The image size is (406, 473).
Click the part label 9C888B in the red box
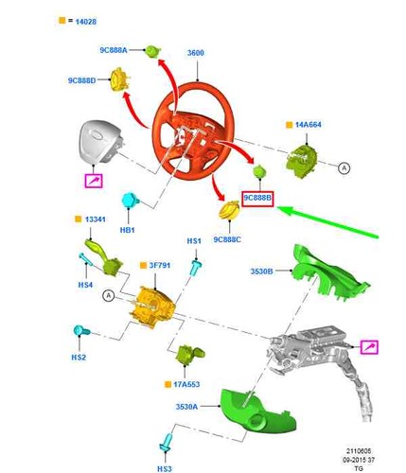pyautogui.click(x=257, y=198)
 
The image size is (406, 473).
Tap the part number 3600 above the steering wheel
pyautogui.click(x=196, y=53)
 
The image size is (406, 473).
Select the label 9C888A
pyautogui.click(x=114, y=50)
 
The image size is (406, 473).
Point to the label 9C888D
pyautogui.click(x=81, y=80)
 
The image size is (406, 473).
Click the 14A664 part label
pyautogui.click(x=308, y=125)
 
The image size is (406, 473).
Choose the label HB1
pyautogui.click(x=128, y=230)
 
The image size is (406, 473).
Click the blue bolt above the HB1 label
pyautogui.click(x=131, y=200)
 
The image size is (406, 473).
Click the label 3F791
pyautogui.click(x=160, y=266)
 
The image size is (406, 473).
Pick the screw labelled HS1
pyautogui.click(x=196, y=268)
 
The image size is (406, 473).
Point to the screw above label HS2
pyautogui.click(x=81, y=331)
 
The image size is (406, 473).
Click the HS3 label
pyautogui.click(x=165, y=469)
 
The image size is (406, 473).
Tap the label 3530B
pyautogui.click(x=261, y=272)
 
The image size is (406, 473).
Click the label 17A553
pyautogui.click(x=186, y=384)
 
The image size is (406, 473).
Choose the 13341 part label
pyautogui.click(x=95, y=219)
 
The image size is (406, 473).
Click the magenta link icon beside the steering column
pyautogui.click(x=369, y=347)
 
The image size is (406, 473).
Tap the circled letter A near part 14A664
pyautogui.click(x=344, y=168)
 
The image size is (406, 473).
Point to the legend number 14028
pyautogui.click(x=86, y=22)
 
